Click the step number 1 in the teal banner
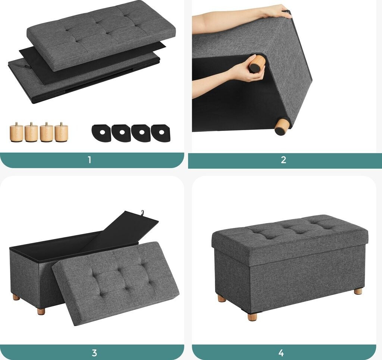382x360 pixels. (x=90, y=160)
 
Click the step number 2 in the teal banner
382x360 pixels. (x=284, y=160)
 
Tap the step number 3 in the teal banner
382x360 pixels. (x=94, y=353)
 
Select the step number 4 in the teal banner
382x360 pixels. (x=281, y=353)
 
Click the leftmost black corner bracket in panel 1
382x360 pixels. (x=101, y=133)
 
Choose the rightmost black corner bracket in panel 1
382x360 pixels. (x=161, y=133)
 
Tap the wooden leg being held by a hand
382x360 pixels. (x=256, y=64)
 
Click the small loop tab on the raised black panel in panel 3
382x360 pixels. (x=141, y=213)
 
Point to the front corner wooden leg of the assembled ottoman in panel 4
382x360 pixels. (x=253, y=317)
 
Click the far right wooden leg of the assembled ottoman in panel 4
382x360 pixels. (x=358, y=291)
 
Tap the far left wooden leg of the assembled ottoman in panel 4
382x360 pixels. (x=222, y=298)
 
